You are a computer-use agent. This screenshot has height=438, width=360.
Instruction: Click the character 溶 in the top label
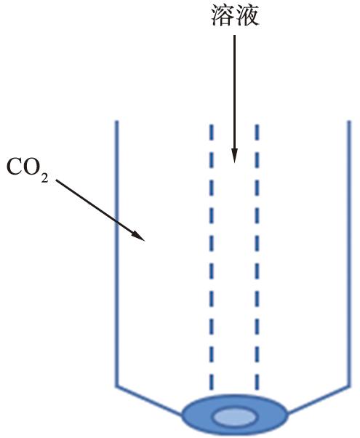pyautogui.click(x=223, y=16)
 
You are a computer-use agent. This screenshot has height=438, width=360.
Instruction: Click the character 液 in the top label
pyautogui.click(x=247, y=16)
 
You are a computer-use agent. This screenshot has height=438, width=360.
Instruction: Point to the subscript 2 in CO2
pyautogui.click(x=44, y=178)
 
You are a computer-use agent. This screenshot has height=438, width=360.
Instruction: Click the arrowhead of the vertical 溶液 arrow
pyautogui.click(x=234, y=155)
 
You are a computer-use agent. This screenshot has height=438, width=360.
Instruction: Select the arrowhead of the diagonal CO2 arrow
pyautogui.click(x=138, y=235)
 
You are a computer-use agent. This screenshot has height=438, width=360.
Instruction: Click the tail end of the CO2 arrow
pyautogui.click(x=56, y=180)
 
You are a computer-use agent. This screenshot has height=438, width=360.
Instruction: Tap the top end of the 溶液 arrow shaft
pyautogui.click(x=234, y=36)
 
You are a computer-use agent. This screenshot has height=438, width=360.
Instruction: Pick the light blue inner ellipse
pyautogui.click(x=235, y=418)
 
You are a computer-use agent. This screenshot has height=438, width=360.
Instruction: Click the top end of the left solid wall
pyautogui.click(x=117, y=122)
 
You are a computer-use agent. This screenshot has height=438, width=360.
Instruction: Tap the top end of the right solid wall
pyautogui.click(x=349, y=122)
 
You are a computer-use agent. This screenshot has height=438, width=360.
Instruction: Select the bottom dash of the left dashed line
pyautogui.click(x=212, y=382)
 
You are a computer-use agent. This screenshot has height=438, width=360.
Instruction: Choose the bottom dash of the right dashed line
pyautogui.click(x=257, y=382)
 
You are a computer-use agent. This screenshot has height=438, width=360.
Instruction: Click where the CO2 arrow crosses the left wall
pyautogui.click(x=117, y=220)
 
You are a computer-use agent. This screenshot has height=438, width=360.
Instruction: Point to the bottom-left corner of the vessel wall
pyautogui.click(x=117, y=386)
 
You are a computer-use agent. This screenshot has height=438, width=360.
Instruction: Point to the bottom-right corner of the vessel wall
pyautogui.click(x=349, y=386)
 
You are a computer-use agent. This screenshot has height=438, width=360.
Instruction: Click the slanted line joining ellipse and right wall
pyautogui.click(x=319, y=399)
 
